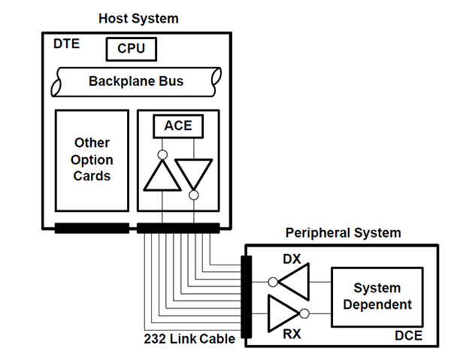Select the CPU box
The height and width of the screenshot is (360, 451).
[131, 50]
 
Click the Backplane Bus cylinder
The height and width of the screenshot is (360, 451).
[136, 81]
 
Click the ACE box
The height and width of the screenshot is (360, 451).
[178, 126]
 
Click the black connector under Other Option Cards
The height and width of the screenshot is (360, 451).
[91, 228]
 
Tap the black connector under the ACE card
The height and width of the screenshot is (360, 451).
[178, 228]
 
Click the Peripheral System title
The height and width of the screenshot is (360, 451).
[343, 233]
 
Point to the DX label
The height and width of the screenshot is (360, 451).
[292, 259]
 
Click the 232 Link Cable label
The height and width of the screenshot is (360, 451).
[189, 339]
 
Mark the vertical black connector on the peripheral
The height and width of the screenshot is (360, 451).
[245, 298]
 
